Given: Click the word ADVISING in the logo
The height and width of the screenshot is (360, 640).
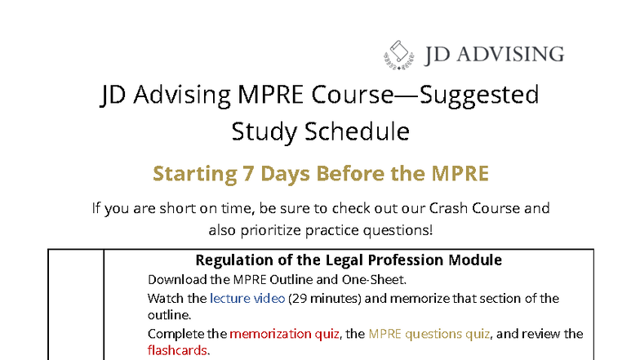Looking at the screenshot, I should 512,55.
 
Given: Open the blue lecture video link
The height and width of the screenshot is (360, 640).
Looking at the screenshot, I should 247,298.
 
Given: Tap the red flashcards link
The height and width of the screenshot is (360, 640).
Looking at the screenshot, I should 177,350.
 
